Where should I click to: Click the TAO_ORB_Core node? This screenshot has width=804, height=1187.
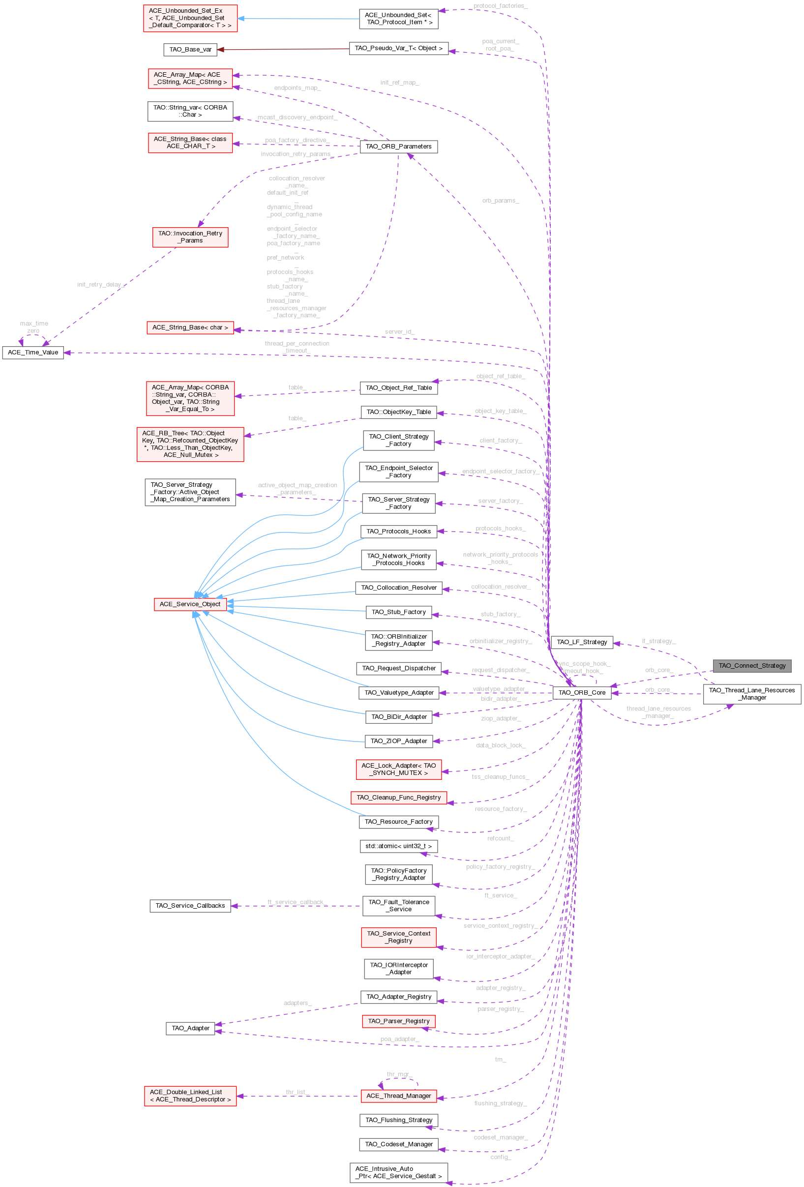[x=582, y=693]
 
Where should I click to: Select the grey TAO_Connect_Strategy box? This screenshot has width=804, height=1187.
[x=752, y=665]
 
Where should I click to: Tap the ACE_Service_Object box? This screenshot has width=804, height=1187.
[x=190, y=604]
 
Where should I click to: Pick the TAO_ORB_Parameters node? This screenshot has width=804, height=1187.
[x=398, y=147]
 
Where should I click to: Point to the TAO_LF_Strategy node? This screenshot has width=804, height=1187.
[x=582, y=642]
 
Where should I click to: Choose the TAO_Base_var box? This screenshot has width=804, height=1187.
[x=190, y=50]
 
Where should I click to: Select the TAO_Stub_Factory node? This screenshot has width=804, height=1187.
[x=398, y=612]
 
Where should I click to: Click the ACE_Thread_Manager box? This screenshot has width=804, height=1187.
[x=398, y=1096]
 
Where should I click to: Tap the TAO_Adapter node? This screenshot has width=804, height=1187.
[x=190, y=1028]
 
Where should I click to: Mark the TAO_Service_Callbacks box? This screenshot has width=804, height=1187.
[x=190, y=906]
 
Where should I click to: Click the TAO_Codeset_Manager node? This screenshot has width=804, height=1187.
[x=398, y=1144]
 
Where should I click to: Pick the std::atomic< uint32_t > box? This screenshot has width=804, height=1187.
[x=398, y=846]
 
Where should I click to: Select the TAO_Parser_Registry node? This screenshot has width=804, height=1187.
[x=398, y=1021]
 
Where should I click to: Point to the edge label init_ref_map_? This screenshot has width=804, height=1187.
[x=399, y=83]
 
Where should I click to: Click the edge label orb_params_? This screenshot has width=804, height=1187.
[x=501, y=201]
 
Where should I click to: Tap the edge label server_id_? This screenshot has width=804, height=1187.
[x=399, y=332]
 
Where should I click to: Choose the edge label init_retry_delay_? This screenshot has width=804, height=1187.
[x=101, y=285]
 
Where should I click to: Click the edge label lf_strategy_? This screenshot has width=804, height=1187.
[x=658, y=641]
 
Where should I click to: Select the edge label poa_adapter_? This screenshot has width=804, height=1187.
[x=399, y=1039]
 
